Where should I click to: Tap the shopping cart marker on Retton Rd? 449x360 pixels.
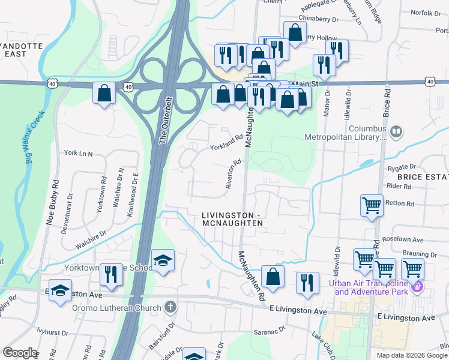click(x=372, y=205)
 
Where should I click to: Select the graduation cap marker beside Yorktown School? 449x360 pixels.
click(x=163, y=261)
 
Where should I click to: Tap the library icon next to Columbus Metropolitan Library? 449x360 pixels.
click(x=396, y=131)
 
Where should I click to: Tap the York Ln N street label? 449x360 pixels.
click(x=78, y=154)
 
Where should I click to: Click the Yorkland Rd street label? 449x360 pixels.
click(x=226, y=142)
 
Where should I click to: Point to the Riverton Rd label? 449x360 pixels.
click(x=233, y=174)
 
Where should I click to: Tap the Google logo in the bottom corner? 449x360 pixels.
click(x=20, y=353)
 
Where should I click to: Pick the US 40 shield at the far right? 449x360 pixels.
click(x=430, y=81)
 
